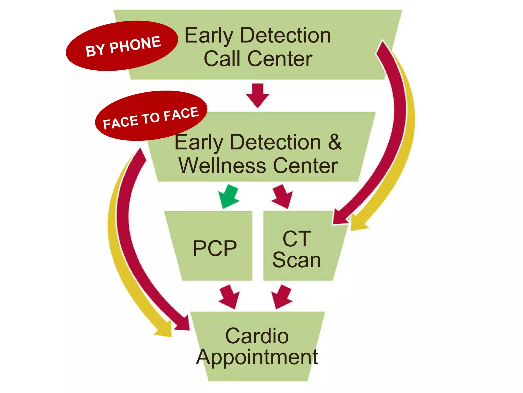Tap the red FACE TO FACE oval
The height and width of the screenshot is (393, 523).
[x=151, y=116]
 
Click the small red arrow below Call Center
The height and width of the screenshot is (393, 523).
[x=257, y=95]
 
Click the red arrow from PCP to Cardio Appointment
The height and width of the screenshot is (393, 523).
[x=229, y=297]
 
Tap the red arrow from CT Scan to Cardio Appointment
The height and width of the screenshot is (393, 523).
[x=282, y=297]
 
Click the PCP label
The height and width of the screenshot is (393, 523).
[x=215, y=248]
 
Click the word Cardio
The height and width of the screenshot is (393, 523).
[x=257, y=336]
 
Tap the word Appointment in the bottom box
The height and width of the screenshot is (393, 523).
[x=257, y=357]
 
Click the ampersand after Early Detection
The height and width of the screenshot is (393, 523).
[x=335, y=142]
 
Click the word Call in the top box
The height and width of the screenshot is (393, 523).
[x=222, y=59]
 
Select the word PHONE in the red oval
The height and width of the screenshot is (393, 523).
[x=135, y=45]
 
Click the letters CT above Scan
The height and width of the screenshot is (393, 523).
[x=297, y=239]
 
